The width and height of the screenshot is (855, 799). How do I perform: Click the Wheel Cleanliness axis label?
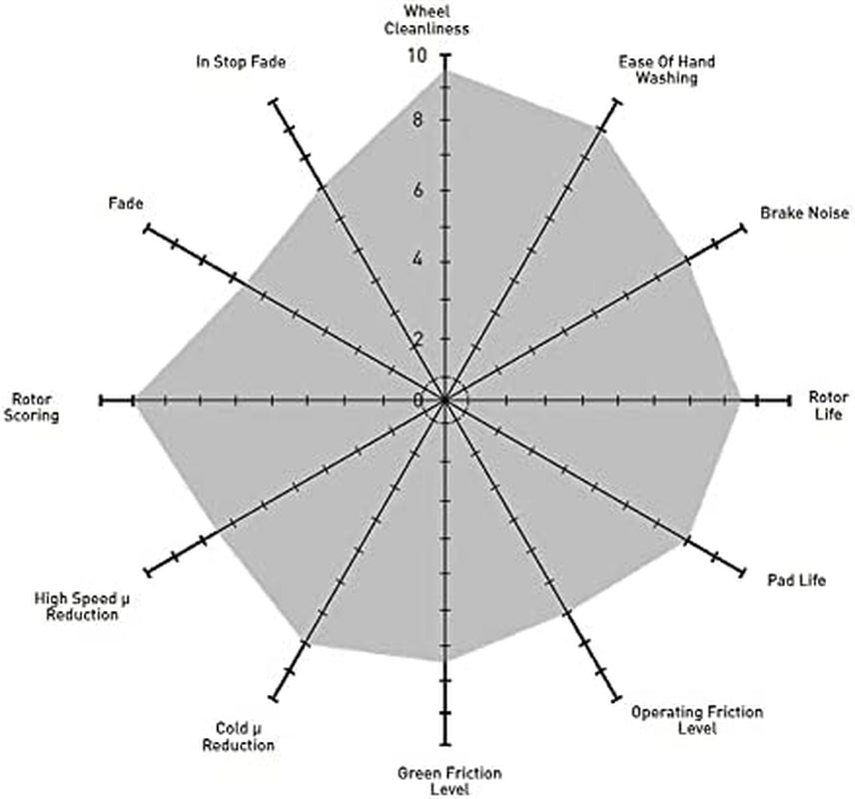tap(427, 20)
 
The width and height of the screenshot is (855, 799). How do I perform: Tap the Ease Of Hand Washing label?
tap(666, 69)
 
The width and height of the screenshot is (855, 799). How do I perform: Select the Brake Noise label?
tap(804, 213)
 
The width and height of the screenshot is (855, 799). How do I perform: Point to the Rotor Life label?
tap(828, 405)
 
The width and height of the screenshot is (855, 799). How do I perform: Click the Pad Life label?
tap(797, 579)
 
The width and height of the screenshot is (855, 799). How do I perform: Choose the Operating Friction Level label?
tap(697, 720)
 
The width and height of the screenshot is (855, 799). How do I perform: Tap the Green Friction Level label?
tap(449, 781)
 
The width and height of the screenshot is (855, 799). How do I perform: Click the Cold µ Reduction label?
tap(239, 737)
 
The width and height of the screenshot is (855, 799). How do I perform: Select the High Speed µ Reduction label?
tap(82, 606)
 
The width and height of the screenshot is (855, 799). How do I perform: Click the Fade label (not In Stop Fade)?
tap(126, 204)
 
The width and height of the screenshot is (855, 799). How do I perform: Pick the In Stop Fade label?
tap(241, 62)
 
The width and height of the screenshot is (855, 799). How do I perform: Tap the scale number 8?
tap(418, 120)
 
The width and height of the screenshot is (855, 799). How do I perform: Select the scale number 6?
tap(418, 191)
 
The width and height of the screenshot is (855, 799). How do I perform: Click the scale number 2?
tap(418, 340)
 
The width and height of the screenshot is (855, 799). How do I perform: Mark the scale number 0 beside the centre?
tap(418, 400)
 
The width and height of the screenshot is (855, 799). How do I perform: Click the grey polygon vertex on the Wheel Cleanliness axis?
tap(446, 72)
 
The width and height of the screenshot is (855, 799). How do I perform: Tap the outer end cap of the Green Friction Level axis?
tap(446, 744)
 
